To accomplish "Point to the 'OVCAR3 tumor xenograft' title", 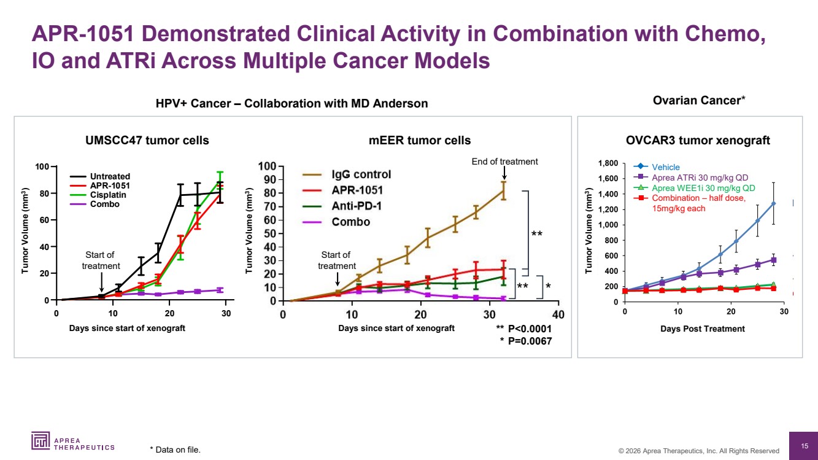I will click(x=698, y=141).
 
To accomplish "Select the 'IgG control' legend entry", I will click(x=361, y=174).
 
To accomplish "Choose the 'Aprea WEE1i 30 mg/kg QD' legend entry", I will click(x=703, y=188).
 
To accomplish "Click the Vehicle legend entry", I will click(x=665, y=167).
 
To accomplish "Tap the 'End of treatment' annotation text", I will click(x=504, y=162).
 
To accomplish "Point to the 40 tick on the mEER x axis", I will click(x=558, y=315).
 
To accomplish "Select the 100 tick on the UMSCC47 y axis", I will click(x=42, y=166).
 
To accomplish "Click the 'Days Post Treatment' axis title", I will click(x=703, y=329).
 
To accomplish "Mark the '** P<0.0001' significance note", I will click(x=523, y=329).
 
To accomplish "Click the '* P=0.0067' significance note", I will click(x=525, y=341).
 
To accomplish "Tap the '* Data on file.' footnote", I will click(x=175, y=450).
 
